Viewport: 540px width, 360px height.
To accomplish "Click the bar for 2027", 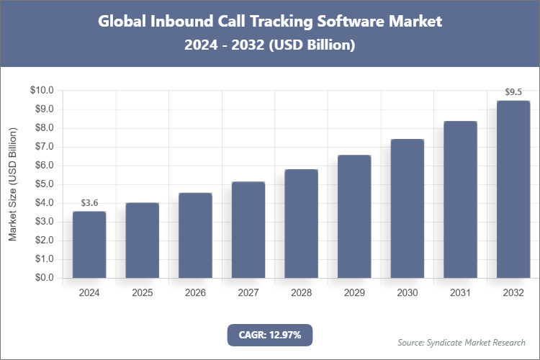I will tap(248, 230).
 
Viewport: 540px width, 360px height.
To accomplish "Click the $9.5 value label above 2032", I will tap(513, 92).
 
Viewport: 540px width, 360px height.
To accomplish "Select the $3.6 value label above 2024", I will tap(89, 203).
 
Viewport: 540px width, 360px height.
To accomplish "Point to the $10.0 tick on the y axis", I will tap(42, 91).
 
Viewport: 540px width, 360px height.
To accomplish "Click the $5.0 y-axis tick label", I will tap(44, 184).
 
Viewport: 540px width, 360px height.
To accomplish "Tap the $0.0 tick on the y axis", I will tap(44, 278).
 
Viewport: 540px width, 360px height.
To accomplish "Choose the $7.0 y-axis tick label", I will tap(44, 147).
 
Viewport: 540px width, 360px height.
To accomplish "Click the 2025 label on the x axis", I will tap(143, 293).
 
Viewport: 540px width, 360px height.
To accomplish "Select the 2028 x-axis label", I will tap(301, 293).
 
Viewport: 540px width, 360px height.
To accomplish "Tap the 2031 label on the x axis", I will tap(460, 293).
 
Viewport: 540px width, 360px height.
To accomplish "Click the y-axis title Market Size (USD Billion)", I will tap(12, 184).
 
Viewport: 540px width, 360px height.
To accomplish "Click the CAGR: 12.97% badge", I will tap(270, 335).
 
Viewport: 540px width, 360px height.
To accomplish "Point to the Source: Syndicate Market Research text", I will tap(461, 342).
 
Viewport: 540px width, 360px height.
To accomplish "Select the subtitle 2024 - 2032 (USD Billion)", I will tap(270, 45).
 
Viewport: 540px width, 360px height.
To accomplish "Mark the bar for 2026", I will tap(195, 235).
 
